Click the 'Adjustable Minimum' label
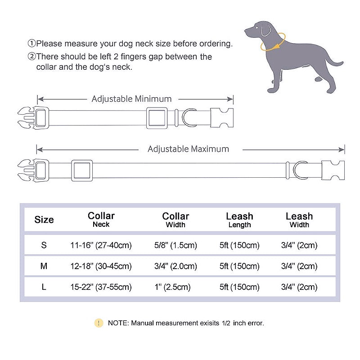point(131,99)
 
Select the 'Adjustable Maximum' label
point(188,149)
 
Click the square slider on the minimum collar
point(157,118)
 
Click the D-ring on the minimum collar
point(189,118)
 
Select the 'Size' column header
point(44,220)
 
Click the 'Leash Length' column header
point(239,220)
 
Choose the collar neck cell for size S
point(101,245)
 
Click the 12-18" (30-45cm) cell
point(101,266)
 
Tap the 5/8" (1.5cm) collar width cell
point(175,245)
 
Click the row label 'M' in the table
point(44,266)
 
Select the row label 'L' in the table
point(44,287)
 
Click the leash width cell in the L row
point(299,287)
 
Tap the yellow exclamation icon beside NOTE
point(99,323)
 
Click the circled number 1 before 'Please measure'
point(31,44)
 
